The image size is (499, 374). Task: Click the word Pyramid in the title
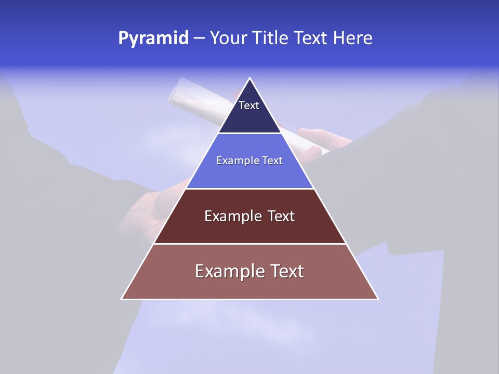tap(153, 38)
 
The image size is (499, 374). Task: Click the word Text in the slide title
tap(311, 38)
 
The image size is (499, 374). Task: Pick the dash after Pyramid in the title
tap(199, 38)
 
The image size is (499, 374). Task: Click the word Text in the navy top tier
tap(249, 105)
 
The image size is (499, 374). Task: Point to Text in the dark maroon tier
tap(281, 216)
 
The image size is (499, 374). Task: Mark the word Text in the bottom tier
tap(286, 271)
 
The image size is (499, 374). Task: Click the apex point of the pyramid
tap(250, 78)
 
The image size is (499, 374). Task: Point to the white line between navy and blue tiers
tap(250, 133)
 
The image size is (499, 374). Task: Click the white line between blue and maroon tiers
tap(250, 189)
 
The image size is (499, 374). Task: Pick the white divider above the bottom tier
tap(250, 244)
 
